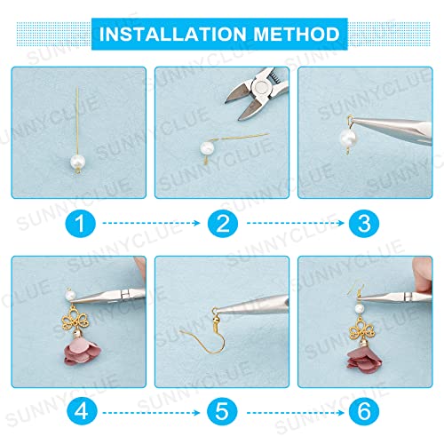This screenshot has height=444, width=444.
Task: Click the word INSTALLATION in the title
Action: [x=173, y=34]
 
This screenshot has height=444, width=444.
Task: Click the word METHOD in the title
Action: [x=297, y=34]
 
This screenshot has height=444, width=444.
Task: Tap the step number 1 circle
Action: [x=80, y=223]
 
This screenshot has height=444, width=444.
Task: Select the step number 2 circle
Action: [x=223, y=223]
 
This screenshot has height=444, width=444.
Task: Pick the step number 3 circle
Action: [x=364, y=223]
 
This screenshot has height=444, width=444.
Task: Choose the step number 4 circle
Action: [x=82, y=411]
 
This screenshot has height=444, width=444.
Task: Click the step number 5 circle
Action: [x=222, y=411]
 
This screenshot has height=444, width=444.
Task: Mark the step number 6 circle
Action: [x=364, y=411]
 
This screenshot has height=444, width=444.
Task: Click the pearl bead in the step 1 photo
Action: [x=78, y=162]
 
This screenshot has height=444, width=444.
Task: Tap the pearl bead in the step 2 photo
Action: [x=207, y=148]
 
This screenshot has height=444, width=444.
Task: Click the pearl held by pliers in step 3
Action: [x=348, y=138]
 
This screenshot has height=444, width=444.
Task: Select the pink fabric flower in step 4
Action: [x=83, y=353]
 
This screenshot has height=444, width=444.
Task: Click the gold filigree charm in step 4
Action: [x=75, y=318]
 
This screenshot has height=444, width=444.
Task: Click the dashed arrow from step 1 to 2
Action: [x=151, y=223]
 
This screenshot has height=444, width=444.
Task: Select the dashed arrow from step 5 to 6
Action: [x=296, y=412]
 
